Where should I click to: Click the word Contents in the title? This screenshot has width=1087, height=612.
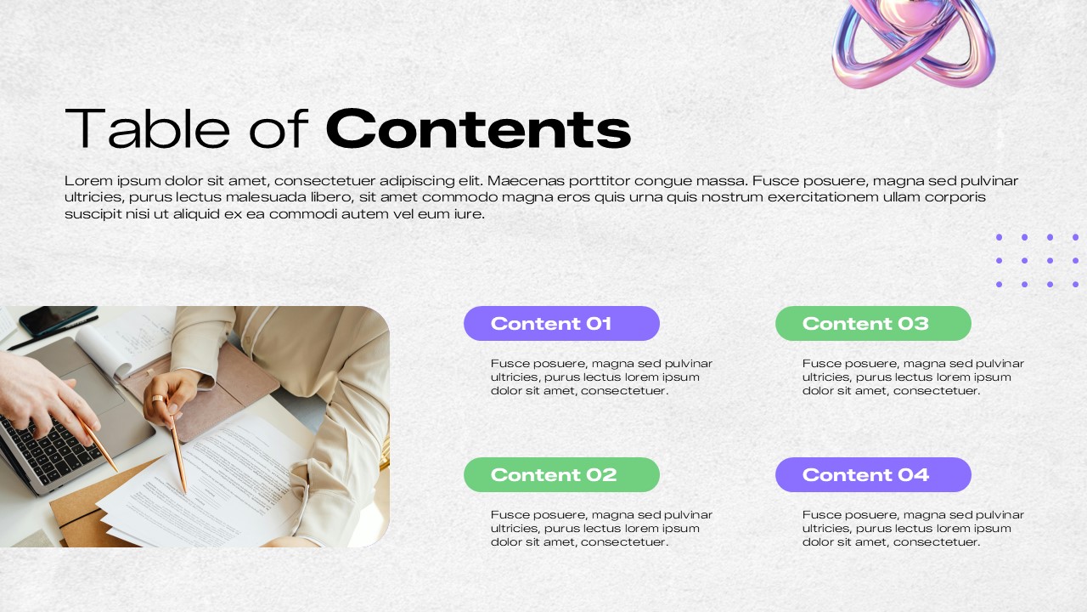(478, 128)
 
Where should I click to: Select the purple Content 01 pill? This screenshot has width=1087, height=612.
(561, 323)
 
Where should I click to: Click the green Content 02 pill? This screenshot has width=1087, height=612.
(561, 474)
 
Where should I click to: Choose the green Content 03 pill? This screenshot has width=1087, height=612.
(873, 323)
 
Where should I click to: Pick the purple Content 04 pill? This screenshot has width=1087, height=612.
(873, 474)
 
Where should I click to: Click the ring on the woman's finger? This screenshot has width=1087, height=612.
(157, 399)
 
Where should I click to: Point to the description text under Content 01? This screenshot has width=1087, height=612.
(601, 377)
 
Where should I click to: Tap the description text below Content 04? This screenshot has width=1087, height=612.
(913, 528)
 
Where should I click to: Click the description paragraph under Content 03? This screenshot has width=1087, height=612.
(913, 377)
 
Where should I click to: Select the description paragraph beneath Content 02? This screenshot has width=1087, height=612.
(601, 528)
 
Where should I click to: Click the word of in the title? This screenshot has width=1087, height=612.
(278, 128)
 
